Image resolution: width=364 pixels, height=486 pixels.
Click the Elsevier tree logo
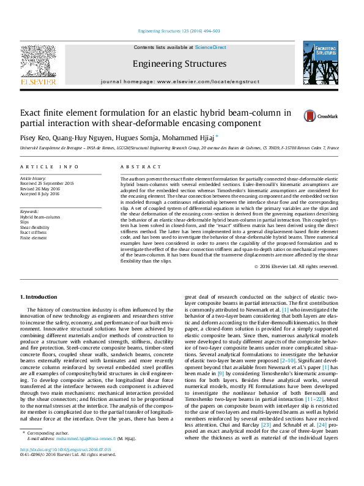[39, 63]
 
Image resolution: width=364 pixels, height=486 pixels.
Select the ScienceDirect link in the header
[210, 47]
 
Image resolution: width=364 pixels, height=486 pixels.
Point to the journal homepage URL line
[179, 81]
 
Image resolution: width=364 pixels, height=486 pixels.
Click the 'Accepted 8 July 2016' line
[40, 193]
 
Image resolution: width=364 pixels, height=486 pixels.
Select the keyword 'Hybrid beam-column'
[40, 217]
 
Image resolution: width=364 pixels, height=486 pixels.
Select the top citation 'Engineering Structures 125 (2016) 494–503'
[179, 31]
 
